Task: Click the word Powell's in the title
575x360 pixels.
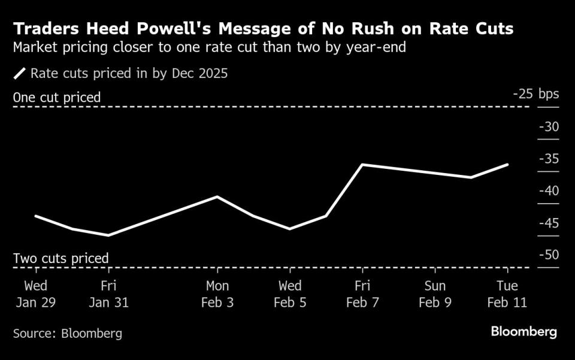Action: tap(187, 29)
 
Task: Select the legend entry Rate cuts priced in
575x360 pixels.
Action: tap(129, 74)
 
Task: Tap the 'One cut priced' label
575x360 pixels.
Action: tap(57, 97)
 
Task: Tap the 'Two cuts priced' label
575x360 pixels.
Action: tap(60, 258)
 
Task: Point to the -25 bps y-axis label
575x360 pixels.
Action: tap(535, 95)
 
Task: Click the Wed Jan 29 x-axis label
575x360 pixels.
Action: tap(35, 294)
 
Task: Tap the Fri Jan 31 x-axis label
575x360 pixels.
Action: tap(108, 294)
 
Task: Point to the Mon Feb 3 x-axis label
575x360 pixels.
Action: tap(217, 294)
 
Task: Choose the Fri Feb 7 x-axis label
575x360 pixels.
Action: tap(362, 294)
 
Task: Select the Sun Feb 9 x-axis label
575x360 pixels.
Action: tap(435, 294)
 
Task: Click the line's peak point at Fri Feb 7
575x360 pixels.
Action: tap(362, 165)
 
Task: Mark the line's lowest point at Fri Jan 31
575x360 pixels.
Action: tap(108, 235)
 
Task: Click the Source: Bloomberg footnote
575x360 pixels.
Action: tap(67, 334)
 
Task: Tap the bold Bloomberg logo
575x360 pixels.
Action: tap(523, 331)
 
